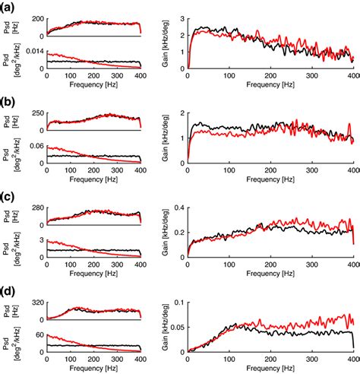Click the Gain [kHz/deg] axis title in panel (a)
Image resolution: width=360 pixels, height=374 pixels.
click(x=168, y=43)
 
